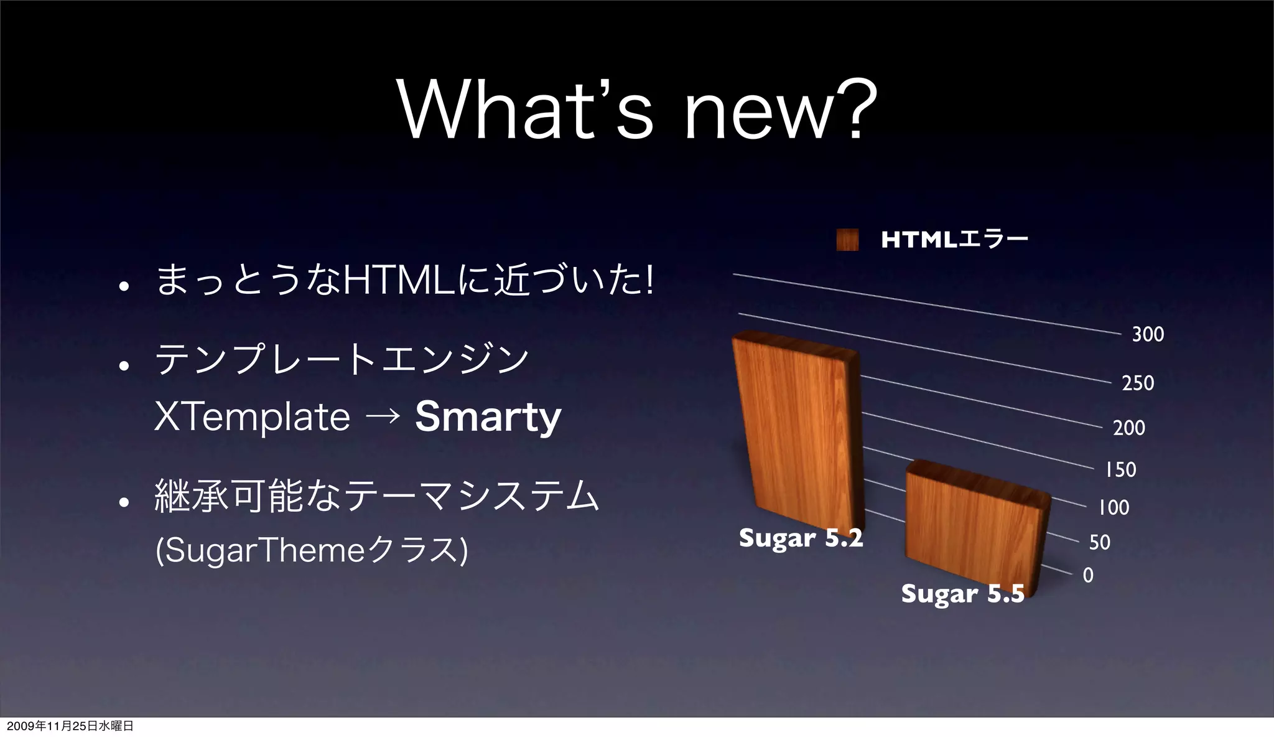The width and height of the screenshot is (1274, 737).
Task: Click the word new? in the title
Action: tap(780, 111)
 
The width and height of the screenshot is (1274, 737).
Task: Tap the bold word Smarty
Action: tap(488, 416)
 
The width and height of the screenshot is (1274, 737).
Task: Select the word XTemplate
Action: tap(252, 416)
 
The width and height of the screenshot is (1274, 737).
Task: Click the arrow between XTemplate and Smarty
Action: tap(383, 416)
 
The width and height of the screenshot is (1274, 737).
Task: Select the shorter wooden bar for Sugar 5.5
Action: tap(974, 529)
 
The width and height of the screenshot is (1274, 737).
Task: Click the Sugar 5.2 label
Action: tap(801, 538)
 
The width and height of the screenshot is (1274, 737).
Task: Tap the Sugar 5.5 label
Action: tap(962, 594)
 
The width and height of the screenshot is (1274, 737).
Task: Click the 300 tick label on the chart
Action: tap(1148, 334)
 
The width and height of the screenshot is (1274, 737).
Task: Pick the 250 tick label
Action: tap(1138, 383)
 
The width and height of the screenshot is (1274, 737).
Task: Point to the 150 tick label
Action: tap(1120, 469)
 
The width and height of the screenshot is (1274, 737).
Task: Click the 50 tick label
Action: tap(1099, 542)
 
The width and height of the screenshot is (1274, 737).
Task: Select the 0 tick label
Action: tap(1088, 575)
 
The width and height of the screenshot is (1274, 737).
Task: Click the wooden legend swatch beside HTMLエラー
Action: tap(847, 239)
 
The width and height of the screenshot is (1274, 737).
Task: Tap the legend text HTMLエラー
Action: tap(954, 239)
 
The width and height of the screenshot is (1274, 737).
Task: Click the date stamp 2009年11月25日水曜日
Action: tap(70, 726)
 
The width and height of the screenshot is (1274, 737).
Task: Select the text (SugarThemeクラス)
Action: tap(311, 550)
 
